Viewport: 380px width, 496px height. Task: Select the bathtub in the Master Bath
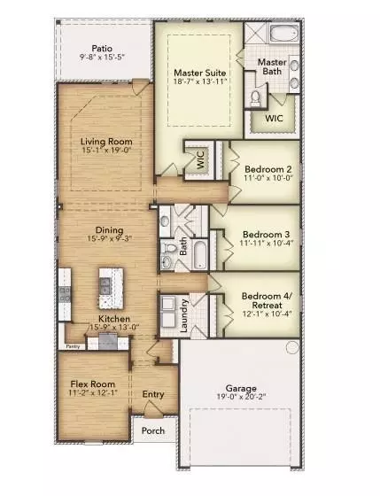tap(285, 36)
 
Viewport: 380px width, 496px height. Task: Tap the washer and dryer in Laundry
tap(167, 313)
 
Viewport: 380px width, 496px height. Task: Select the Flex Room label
tap(89, 384)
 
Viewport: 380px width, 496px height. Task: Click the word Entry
tap(153, 394)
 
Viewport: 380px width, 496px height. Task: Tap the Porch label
tap(151, 432)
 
